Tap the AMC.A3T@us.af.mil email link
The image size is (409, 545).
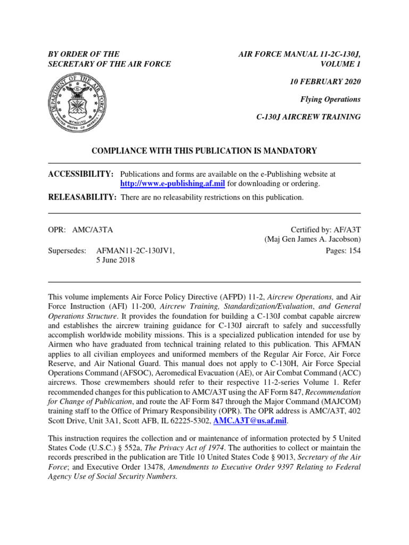pos(250,420)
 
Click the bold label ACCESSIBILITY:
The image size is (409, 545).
pos(81,174)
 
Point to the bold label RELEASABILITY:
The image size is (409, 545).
pos(83,197)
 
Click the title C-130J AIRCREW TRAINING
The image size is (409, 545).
pos(308,117)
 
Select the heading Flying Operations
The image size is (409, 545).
pos(331,99)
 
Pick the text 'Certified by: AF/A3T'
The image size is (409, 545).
pos(325,230)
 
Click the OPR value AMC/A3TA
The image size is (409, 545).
pos(96,230)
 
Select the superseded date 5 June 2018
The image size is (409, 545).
pos(115,260)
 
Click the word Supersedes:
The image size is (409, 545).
pos(67,251)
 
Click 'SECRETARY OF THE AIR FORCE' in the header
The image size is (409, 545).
pos(110,64)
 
